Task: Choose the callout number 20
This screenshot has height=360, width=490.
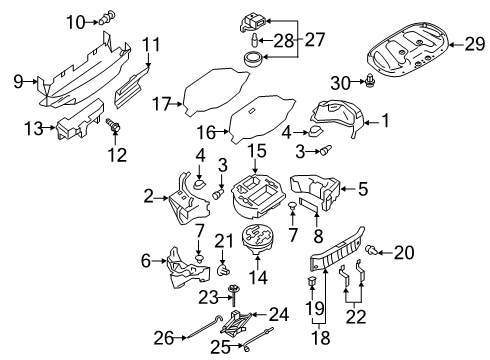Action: [x=403, y=281]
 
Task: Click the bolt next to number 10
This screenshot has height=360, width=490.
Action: [x=104, y=17]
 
